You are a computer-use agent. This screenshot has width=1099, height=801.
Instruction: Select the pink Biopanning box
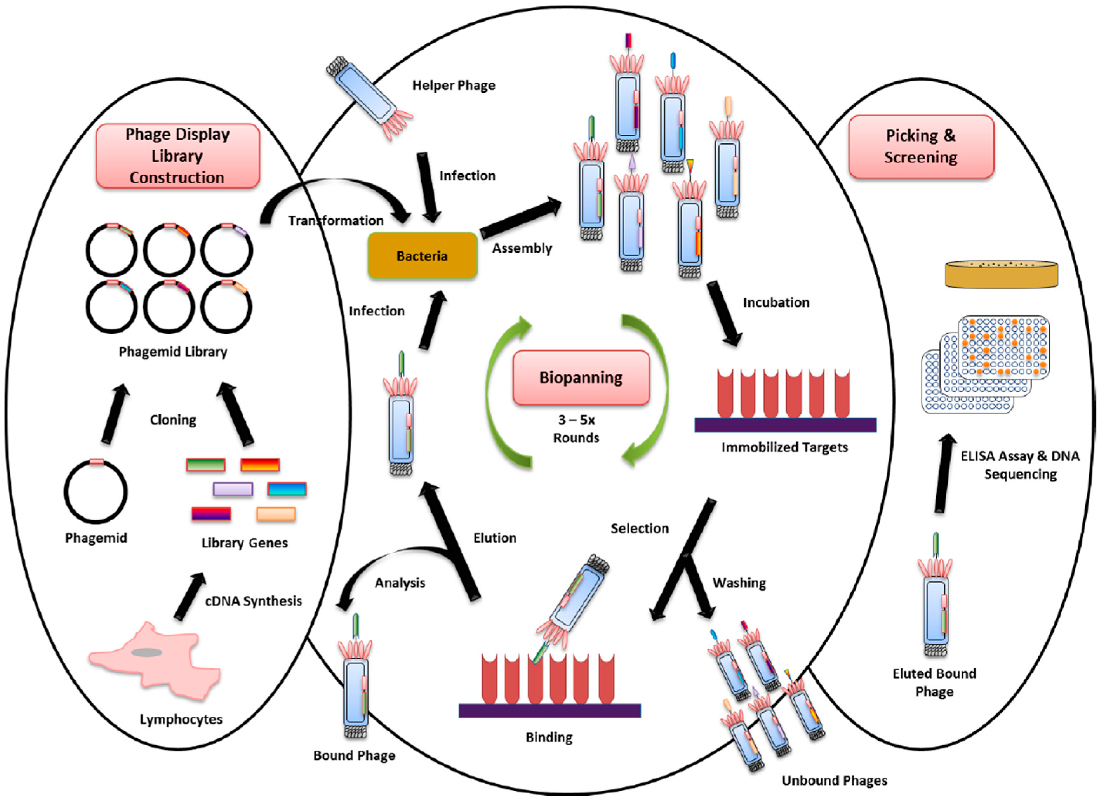581,377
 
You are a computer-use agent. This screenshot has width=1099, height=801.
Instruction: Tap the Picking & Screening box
921,146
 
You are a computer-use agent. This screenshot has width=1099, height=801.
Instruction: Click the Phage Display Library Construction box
177,156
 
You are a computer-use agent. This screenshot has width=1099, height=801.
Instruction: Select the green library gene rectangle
206,465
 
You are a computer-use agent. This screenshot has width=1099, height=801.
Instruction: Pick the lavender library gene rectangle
233,489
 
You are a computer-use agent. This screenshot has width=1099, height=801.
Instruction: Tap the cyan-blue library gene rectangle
287,489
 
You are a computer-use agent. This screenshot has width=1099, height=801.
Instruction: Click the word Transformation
336,221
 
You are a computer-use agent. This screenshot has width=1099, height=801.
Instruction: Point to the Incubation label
776,302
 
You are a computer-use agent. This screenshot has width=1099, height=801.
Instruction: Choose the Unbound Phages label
834,780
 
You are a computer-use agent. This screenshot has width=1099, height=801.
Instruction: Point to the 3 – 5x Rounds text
576,429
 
